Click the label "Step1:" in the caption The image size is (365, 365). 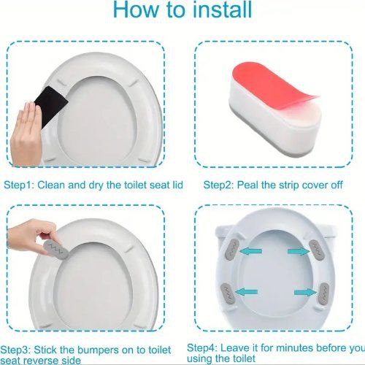pos(20,185)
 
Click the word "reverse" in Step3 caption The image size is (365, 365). pos(50,358)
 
